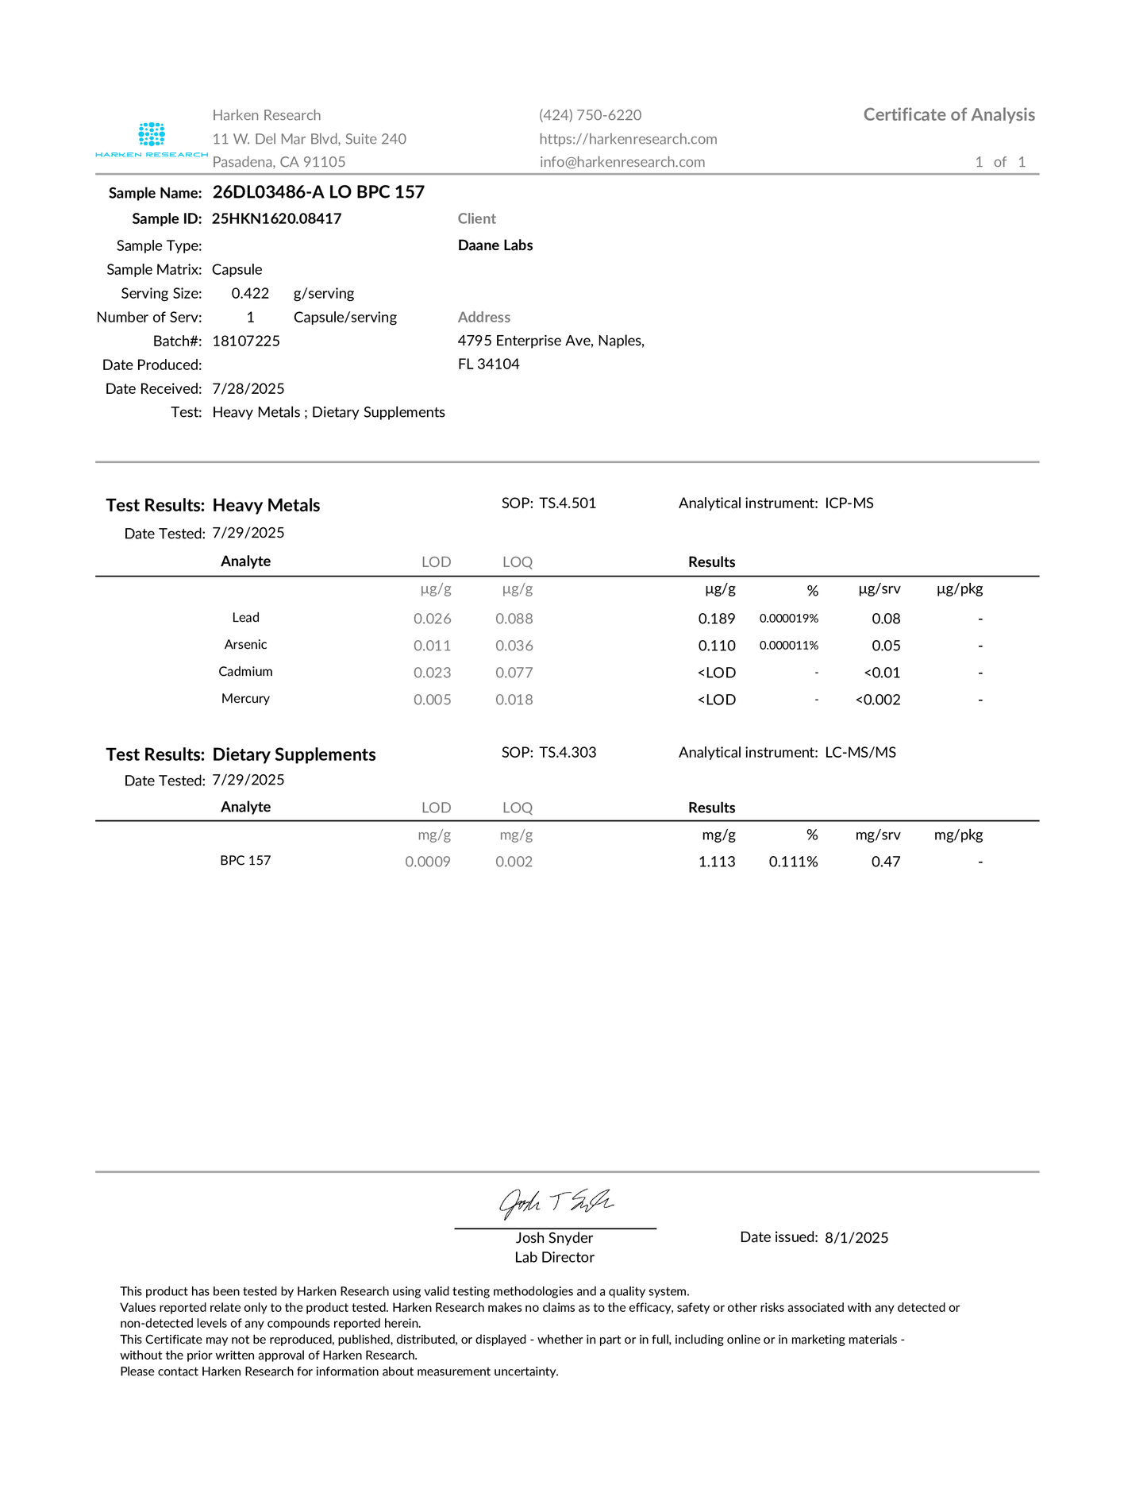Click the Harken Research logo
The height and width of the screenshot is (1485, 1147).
pos(151,139)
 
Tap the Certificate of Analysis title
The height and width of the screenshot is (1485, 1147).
pos(949,115)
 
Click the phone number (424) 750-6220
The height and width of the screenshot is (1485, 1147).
pos(590,115)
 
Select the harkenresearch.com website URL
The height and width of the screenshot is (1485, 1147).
pos(628,139)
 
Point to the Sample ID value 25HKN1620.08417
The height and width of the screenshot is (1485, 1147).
pos(276,218)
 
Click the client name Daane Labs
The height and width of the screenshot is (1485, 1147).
pos(495,245)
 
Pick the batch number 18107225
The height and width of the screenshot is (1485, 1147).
pos(246,341)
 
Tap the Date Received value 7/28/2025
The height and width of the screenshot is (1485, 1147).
pos(248,388)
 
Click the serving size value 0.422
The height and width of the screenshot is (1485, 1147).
pos(250,293)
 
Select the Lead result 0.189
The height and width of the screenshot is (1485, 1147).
pos(717,619)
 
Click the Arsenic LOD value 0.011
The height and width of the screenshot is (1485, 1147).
pos(432,646)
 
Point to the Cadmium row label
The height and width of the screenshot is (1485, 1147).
pos(245,672)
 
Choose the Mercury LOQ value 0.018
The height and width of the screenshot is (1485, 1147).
pos(514,700)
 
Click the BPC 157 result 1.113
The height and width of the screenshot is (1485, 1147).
pos(717,862)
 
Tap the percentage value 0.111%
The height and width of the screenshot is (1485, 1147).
pos(793,862)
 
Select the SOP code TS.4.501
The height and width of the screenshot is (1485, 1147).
pos(568,503)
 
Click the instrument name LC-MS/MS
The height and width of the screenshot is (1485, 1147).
pos(860,752)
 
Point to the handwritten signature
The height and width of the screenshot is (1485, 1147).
pos(555,1204)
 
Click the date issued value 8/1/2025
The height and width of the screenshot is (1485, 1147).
pos(856,1237)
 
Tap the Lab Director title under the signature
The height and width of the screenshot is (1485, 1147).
pos(554,1257)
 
